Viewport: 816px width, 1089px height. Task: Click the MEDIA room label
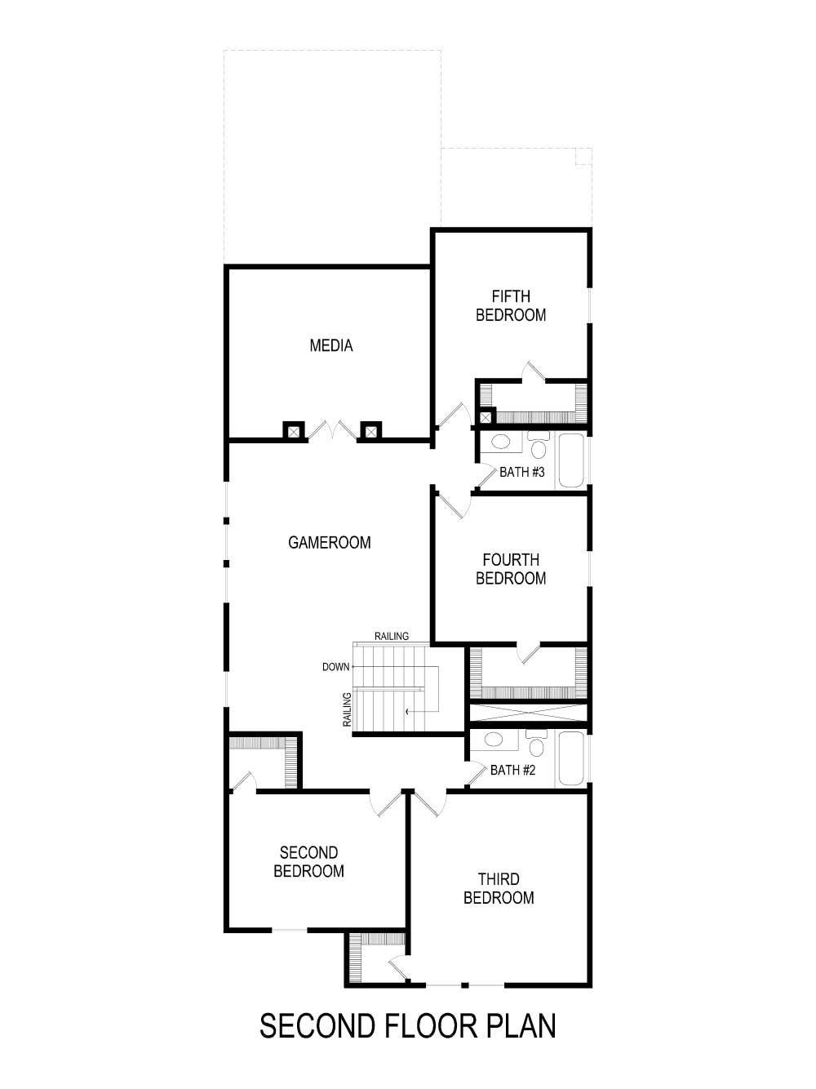(330, 346)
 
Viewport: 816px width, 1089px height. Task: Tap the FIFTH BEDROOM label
(511, 305)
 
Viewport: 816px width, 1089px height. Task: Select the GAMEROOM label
(329, 543)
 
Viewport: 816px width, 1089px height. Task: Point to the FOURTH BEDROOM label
(511, 569)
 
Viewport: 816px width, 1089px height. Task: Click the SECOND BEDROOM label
(308, 862)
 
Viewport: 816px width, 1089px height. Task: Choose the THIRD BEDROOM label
(499, 888)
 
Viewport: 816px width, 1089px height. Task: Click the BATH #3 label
(521, 472)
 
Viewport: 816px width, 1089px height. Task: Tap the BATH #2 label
(512, 770)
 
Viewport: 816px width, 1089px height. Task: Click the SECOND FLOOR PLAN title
(407, 1026)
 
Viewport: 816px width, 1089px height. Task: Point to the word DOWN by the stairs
(335, 667)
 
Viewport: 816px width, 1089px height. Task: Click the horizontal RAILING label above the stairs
(392, 636)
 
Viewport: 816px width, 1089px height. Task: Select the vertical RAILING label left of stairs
(347, 709)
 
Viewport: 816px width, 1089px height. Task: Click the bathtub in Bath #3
(571, 460)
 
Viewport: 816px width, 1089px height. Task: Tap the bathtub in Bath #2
(571, 758)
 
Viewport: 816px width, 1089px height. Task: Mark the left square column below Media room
(294, 430)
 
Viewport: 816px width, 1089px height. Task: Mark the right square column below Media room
(371, 430)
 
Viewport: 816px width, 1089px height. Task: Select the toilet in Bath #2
(536, 745)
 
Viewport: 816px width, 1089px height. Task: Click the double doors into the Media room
(332, 431)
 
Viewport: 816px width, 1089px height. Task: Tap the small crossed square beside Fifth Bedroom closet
(486, 417)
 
